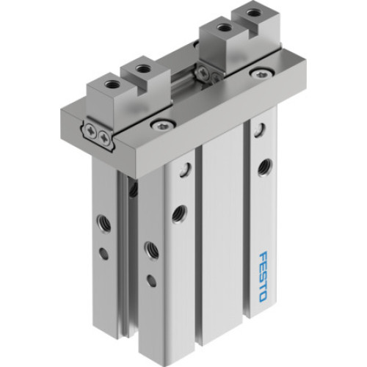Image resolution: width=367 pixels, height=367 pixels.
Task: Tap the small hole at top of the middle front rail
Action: [x=181, y=170]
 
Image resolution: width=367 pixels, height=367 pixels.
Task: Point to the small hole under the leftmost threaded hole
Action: [x=103, y=253]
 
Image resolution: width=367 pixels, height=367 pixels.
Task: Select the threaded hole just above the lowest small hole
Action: [x=150, y=247]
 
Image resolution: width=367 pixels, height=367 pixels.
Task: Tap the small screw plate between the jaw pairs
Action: [x=208, y=72]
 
